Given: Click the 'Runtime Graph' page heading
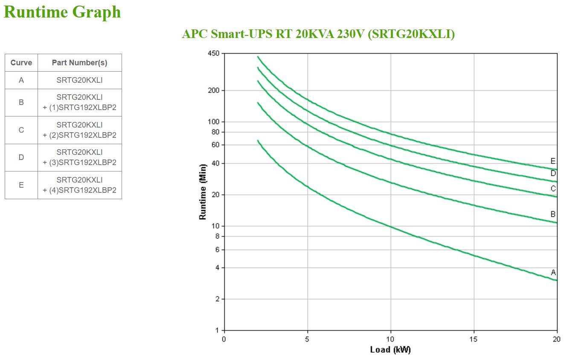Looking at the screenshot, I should pos(62,12).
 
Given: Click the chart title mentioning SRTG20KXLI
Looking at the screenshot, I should pos(318,34).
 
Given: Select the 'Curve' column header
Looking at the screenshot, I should pos(21,63).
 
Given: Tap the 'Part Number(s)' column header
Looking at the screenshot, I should pos(79,63).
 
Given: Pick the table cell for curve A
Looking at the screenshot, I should pos(21,80).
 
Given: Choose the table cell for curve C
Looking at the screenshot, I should pos(21,130).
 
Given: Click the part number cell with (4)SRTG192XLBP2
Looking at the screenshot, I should pos(79,185).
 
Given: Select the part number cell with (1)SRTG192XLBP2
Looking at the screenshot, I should pos(79,102).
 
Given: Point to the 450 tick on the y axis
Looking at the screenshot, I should pos(213,53).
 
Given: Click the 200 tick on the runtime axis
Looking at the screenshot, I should pos(213,90).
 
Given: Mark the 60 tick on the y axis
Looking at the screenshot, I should pos(215,145).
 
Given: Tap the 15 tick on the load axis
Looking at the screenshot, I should pos(474,339).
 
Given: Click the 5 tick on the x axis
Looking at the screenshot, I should pos(307,339).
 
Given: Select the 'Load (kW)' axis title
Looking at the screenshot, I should pos(390,350).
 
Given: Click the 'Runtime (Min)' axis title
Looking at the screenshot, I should pos(203,192).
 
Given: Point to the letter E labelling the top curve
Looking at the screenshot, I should pos(553,161).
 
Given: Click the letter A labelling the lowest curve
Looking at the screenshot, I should pos(553,273).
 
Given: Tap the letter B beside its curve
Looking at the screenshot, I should pos(553,215).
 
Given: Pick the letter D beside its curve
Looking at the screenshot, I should pos(553,173).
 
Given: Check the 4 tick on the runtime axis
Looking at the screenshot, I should pos(217,268).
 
